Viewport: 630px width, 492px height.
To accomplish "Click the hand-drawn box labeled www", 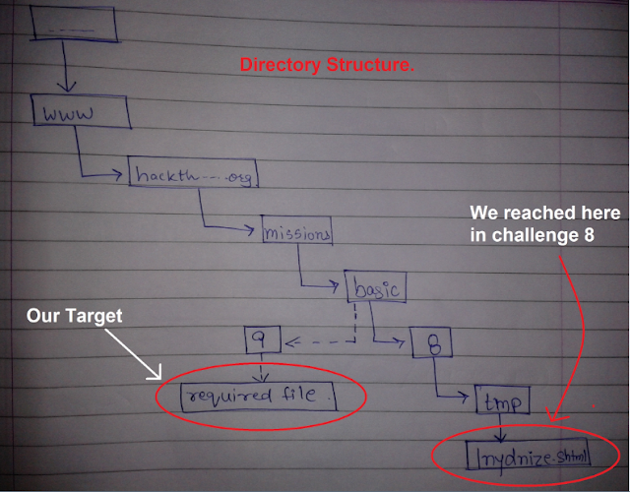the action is (80, 113).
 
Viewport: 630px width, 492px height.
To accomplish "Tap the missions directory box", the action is (295, 232).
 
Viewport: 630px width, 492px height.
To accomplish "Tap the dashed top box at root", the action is (74, 27).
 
